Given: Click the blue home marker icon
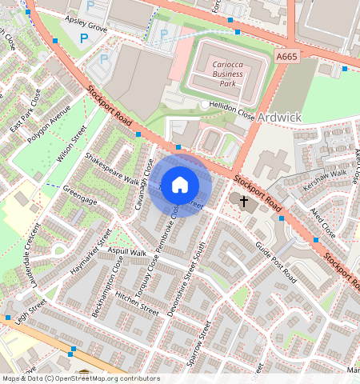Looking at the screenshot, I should tap(180, 185).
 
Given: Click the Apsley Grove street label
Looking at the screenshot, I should tap(86, 26).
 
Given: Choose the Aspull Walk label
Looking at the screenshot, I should tap(127, 252).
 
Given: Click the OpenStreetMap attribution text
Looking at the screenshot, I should tap(80, 378).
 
